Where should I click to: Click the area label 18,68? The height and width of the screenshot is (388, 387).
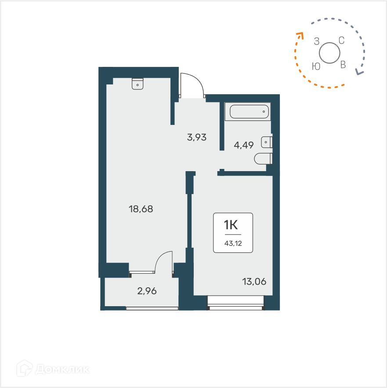141,209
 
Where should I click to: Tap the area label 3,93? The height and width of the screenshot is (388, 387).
197,137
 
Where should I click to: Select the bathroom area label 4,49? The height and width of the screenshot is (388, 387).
244,145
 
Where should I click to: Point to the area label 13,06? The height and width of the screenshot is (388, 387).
254,282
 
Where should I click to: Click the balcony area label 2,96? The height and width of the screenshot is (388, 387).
147,290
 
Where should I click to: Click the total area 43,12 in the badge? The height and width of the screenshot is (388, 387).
233,243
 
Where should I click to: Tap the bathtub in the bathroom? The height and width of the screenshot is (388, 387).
247,112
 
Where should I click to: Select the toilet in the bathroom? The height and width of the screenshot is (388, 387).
264,158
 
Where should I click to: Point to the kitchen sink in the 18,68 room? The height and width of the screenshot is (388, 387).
137,84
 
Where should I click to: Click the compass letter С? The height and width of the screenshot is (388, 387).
341,40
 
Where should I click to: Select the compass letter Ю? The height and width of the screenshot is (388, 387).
315,66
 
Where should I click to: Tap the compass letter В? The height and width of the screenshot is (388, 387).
343,65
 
